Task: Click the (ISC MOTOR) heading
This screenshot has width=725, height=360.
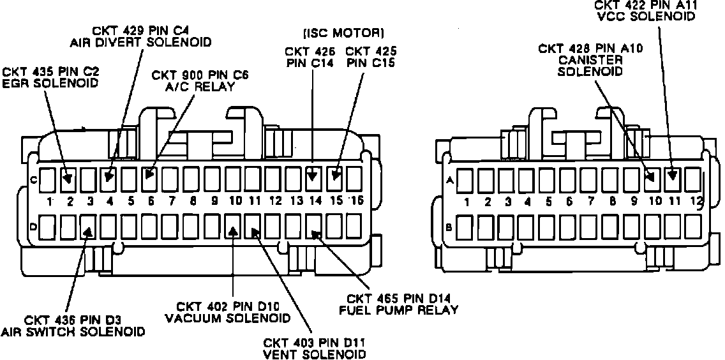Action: click(343, 31)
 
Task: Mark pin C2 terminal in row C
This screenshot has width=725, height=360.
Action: click(69, 179)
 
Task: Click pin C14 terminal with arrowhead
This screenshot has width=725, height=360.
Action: click(312, 179)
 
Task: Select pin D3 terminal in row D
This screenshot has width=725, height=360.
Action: click(88, 225)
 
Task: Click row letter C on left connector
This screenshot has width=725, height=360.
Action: click(33, 180)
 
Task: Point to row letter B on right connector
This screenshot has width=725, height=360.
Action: click(449, 226)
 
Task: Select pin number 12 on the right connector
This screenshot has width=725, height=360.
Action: click(696, 202)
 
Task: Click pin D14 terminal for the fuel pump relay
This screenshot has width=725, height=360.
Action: click(313, 225)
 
